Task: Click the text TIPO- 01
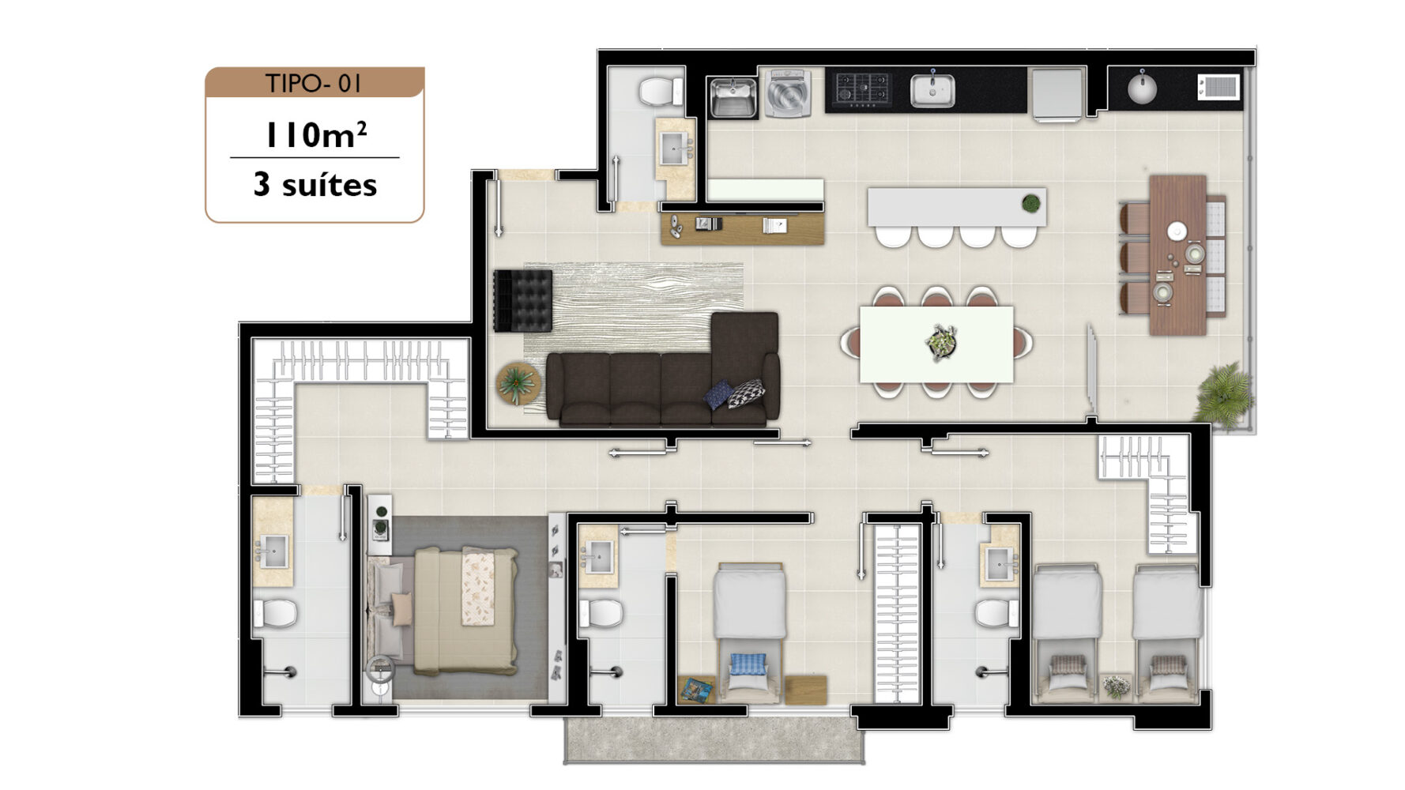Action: coord(314,83)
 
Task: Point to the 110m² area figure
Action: coord(315,134)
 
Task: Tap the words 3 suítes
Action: coord(315,185)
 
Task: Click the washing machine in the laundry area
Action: coord(786,94)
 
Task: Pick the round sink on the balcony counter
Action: coord(1142,87)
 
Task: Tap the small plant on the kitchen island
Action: coord(1030,204)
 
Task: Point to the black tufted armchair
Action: coord(522,301)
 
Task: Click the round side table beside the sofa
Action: coord(518,384)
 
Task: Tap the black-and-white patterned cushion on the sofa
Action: coord(746,393)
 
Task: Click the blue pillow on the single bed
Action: coord(748,664)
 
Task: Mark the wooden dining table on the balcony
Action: coord(1177,255)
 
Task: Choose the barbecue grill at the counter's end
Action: coord(1219,86)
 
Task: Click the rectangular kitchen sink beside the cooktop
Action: coord(932,90)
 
